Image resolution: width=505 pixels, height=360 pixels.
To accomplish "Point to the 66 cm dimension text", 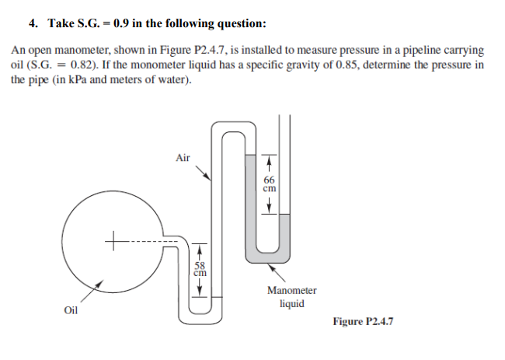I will click(270, 183).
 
